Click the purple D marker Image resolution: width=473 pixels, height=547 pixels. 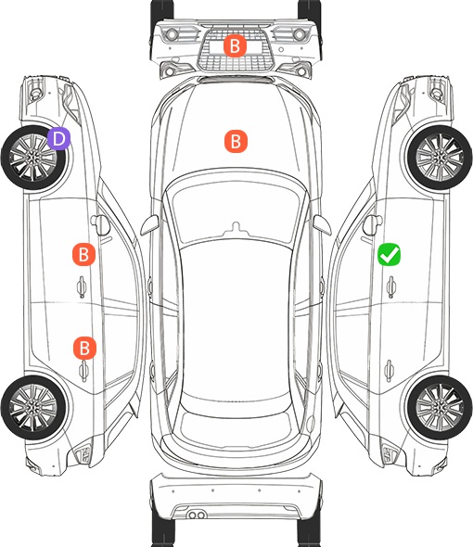[x=59, y=138]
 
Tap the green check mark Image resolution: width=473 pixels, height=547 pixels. [x=389, y=254]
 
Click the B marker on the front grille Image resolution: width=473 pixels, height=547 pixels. [x=235, y=45]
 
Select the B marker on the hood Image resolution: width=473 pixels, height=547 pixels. [x=236, y=141]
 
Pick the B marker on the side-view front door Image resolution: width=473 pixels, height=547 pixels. [x=83, y=254]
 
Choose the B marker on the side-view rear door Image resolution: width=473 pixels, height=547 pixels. [x=84, y=348]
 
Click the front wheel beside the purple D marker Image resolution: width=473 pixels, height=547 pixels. [x=34, y=158]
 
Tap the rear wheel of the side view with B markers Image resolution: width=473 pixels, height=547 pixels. [x=33, y=407]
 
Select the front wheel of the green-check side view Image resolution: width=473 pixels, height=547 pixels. [x=440, y=158]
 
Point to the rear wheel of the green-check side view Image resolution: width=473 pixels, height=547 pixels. [x=440, y=407]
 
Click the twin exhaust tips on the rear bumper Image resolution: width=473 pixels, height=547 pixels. [x=197, y=515]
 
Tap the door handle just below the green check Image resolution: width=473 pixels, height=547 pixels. [x=390, y=286]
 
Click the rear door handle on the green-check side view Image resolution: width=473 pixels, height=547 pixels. [x=389, y=371]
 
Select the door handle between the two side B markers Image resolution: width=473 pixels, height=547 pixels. [x=82, y=286]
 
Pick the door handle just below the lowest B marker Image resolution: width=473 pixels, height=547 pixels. [x=83, y=371]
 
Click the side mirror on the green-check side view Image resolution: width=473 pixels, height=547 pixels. [x=373, y=224]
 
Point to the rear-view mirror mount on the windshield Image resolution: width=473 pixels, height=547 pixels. [x=236, y=228]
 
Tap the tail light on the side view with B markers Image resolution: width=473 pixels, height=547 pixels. [x=83, y=454]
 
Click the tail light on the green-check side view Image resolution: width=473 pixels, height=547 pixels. [x=390, y=454]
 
